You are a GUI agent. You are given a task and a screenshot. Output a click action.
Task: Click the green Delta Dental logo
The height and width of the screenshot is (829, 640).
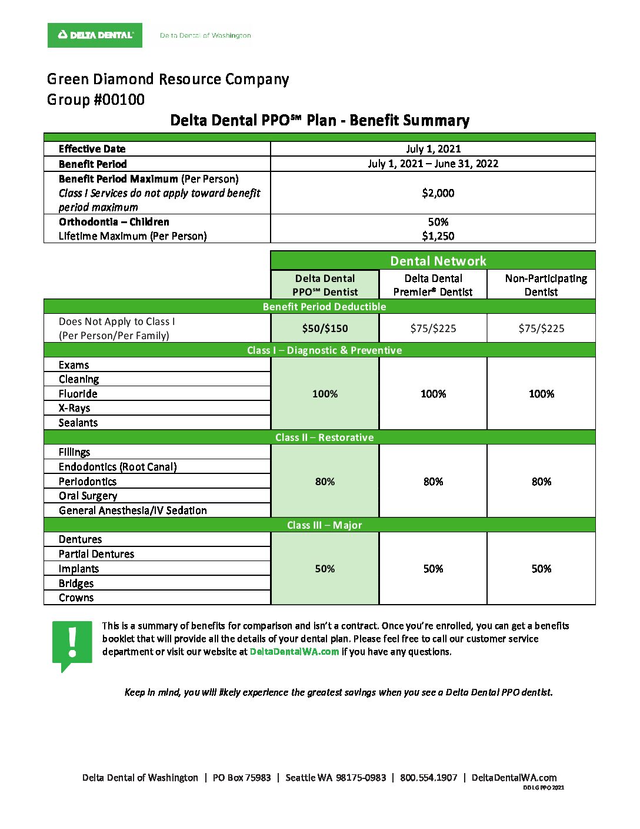(95, 35)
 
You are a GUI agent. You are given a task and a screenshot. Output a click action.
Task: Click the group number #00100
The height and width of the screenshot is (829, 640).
(96, 100)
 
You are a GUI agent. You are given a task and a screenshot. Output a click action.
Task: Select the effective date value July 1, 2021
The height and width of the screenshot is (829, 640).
(433, 149)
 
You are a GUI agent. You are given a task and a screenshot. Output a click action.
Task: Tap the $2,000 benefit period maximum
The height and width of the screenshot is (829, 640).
(438, 193)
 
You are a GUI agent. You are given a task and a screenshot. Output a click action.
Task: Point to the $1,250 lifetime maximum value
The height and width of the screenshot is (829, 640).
(438, 236)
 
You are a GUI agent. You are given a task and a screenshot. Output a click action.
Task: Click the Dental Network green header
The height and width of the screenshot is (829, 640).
(438, 261)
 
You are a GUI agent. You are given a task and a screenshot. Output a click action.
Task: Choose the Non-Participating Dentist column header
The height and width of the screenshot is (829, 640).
(541, 285)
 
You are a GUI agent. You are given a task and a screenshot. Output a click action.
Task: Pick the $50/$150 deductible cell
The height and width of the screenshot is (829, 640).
(325, 329)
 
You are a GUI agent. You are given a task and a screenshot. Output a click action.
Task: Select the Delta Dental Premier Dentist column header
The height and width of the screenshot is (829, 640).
(433, 285)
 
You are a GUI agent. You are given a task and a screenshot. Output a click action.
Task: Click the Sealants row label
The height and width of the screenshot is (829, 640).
(78, 423)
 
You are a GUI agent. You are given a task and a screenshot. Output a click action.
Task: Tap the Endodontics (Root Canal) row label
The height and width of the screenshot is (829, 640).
(118, 467)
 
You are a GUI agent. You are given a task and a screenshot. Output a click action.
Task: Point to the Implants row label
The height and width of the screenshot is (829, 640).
(79, 569)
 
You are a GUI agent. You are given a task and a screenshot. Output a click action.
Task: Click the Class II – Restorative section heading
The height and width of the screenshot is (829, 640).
(324, 437)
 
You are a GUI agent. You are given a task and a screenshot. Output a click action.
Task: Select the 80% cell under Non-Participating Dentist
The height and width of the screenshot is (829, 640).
(541, 482)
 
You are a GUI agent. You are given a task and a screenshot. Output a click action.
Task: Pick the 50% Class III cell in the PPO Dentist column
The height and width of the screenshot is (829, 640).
(325, 569)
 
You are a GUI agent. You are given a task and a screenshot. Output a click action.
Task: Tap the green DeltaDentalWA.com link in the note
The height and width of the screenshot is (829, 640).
(294, 652)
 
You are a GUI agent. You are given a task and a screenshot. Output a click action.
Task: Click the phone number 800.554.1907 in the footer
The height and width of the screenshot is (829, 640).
(428, 778)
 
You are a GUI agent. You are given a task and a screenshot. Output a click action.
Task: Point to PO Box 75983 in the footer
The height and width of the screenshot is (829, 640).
(242, 778)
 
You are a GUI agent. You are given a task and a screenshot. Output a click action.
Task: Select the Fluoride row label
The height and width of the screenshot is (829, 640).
(78, 394)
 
